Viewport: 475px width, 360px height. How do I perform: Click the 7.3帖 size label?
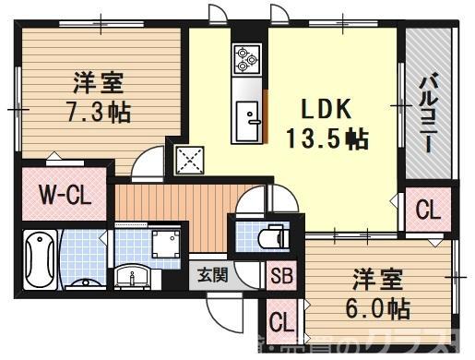pos(98,113)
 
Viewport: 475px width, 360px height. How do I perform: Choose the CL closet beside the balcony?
pos(428,210)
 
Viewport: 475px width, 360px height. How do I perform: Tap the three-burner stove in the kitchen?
pos(247,60)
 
